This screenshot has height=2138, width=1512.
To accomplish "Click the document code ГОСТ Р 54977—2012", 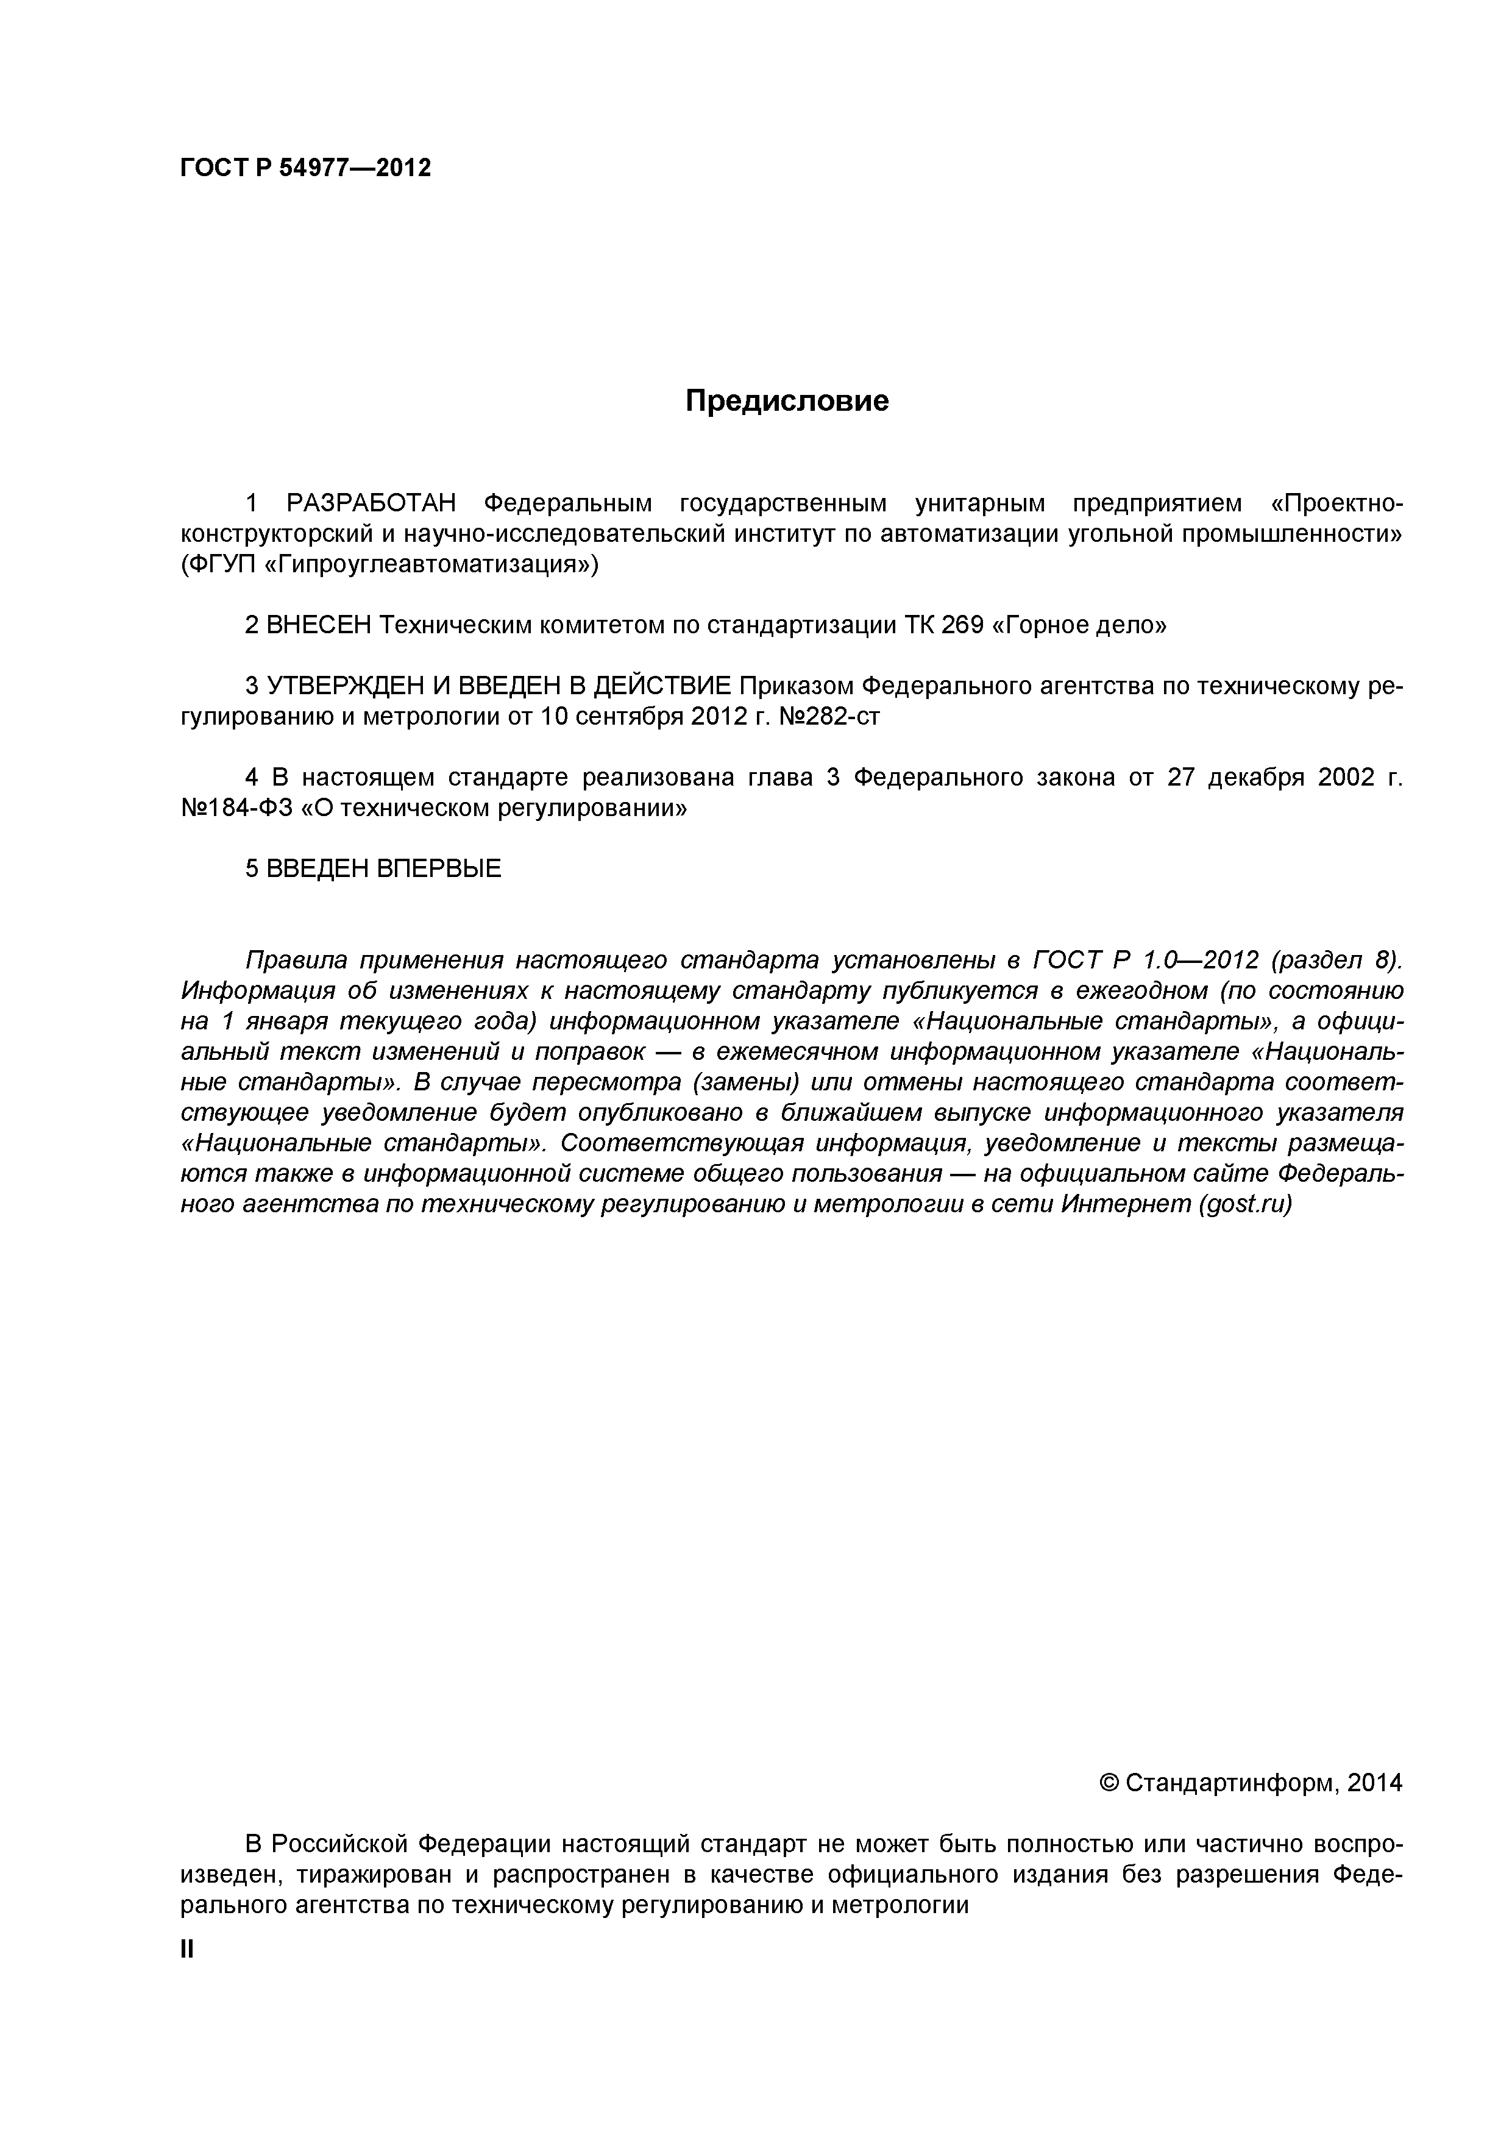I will [x=305, y=169].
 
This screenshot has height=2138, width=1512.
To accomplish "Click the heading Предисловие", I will [x=787, y=402].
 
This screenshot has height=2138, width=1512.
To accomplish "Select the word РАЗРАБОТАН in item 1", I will [x=372, y=504].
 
